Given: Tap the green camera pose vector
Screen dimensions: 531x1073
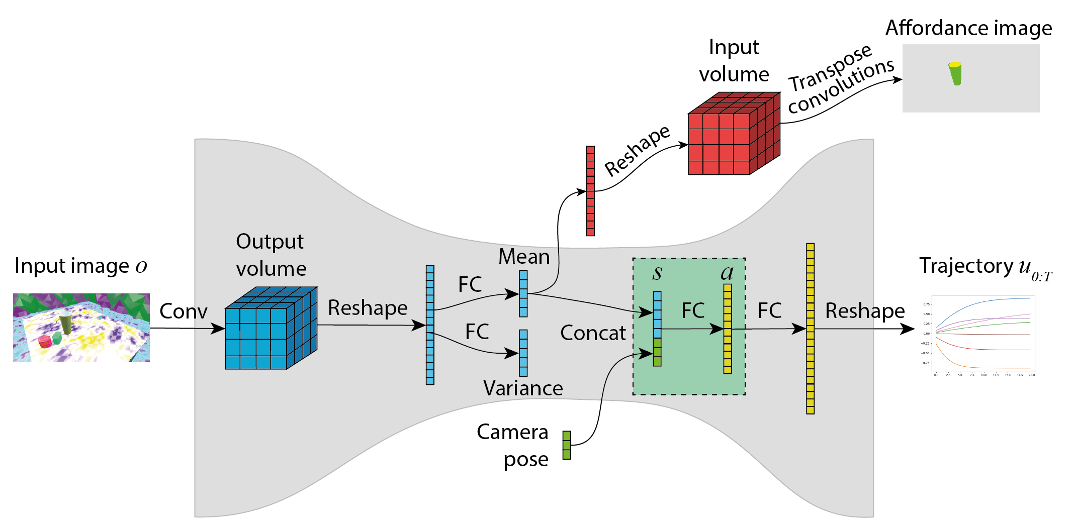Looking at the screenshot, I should click(567, 445).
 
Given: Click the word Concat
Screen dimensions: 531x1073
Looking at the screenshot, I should click(593, 333).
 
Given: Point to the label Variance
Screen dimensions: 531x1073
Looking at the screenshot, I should click(523, 388).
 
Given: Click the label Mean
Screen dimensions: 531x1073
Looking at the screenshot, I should click(524, 257).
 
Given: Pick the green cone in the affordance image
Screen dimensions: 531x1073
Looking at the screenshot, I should click(955, 73).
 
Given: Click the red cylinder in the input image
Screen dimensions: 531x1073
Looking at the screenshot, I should click(45, 342).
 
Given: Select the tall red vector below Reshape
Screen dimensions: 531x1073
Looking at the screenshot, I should click(590, 191).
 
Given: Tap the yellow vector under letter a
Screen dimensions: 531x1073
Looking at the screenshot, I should click(728, 329).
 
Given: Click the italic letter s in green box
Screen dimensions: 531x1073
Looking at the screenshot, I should click(657, 272).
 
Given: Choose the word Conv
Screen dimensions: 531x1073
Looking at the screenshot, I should click(183, 311).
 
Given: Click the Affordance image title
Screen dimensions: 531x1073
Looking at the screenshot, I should click(968, 28).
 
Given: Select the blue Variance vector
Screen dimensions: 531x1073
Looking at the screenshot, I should click(523, 353).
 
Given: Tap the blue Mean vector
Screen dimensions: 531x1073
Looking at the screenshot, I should click(523, 293).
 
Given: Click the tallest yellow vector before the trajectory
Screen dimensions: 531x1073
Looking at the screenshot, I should click(810, 329).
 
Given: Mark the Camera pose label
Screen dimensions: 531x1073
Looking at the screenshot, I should click(513, 445).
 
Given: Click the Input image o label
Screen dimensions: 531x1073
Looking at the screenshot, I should click(80, 266).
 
